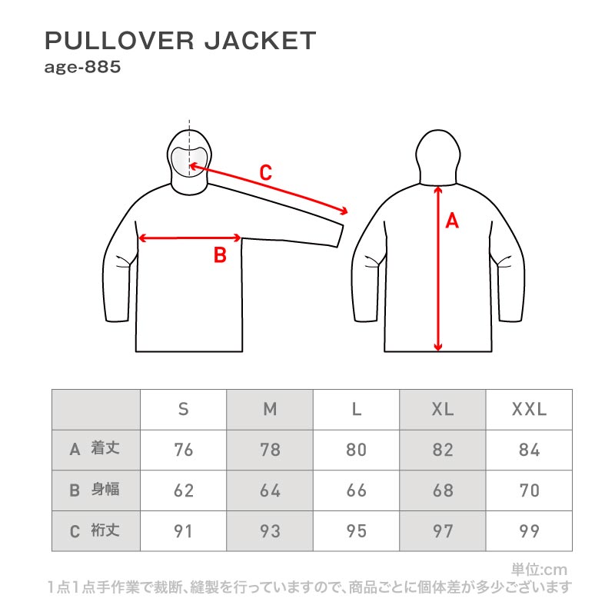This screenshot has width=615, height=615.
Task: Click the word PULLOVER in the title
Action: click(120, 41)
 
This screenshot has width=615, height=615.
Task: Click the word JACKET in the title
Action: click(261, 41)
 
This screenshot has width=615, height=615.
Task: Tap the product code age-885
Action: click(82, 68)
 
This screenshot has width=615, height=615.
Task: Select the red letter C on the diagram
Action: click(265, 172)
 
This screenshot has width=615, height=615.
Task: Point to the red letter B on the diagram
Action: click(220, 255)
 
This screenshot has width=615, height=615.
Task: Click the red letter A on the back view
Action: click(452, 221)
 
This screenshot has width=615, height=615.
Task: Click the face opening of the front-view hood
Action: click(189, 162)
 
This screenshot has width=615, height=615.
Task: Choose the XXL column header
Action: click(529, 410)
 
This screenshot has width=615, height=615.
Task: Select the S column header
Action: click(183, 410)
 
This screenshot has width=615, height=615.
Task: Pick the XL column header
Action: click(443, 410)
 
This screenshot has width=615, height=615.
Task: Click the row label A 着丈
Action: click(95, 449)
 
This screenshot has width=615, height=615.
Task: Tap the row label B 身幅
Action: click(95, 490)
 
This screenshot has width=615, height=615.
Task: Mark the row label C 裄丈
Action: click(95, 530)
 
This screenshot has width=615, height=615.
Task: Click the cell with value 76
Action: click(183, 450)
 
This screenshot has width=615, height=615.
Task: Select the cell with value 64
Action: click(270, 490)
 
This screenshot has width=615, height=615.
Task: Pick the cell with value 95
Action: click(356, 531)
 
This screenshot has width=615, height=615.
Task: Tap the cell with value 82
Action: click(443, 450)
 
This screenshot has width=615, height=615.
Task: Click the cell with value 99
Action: click(529, 531)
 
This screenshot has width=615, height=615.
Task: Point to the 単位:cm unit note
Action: click(540, 570)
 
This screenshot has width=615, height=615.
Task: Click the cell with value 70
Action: click(529, 490)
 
